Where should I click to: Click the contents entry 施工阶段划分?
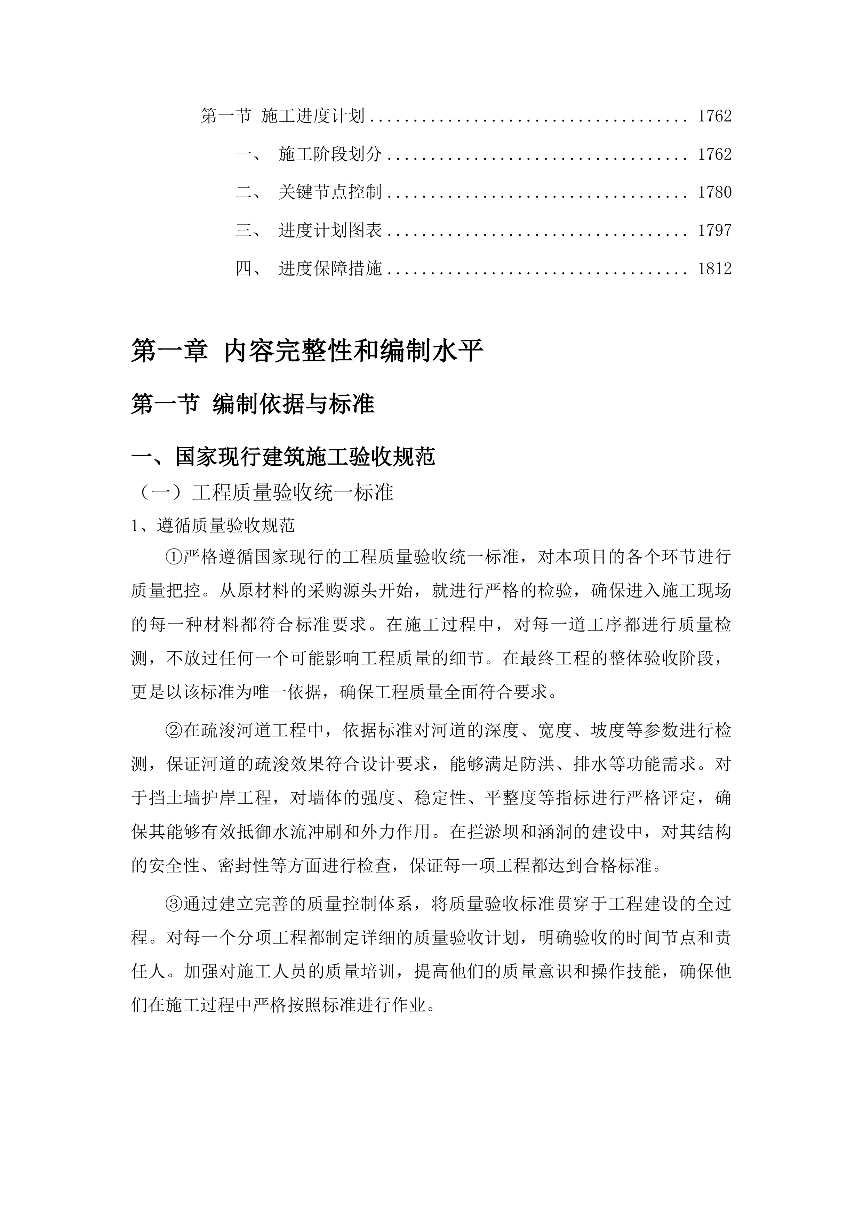tap(330, 154)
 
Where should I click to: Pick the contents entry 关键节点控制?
tap(330, 192)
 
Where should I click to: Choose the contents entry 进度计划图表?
tap(330, 231)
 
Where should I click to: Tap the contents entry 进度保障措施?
tap(330, 269)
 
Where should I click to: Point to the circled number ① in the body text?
tap(174, 557)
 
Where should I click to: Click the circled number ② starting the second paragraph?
tap(174, 731)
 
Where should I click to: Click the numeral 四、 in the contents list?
tap(248, 269)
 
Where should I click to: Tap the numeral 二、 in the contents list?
tap(248, 192)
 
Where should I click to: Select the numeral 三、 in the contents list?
tap(248, 231)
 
